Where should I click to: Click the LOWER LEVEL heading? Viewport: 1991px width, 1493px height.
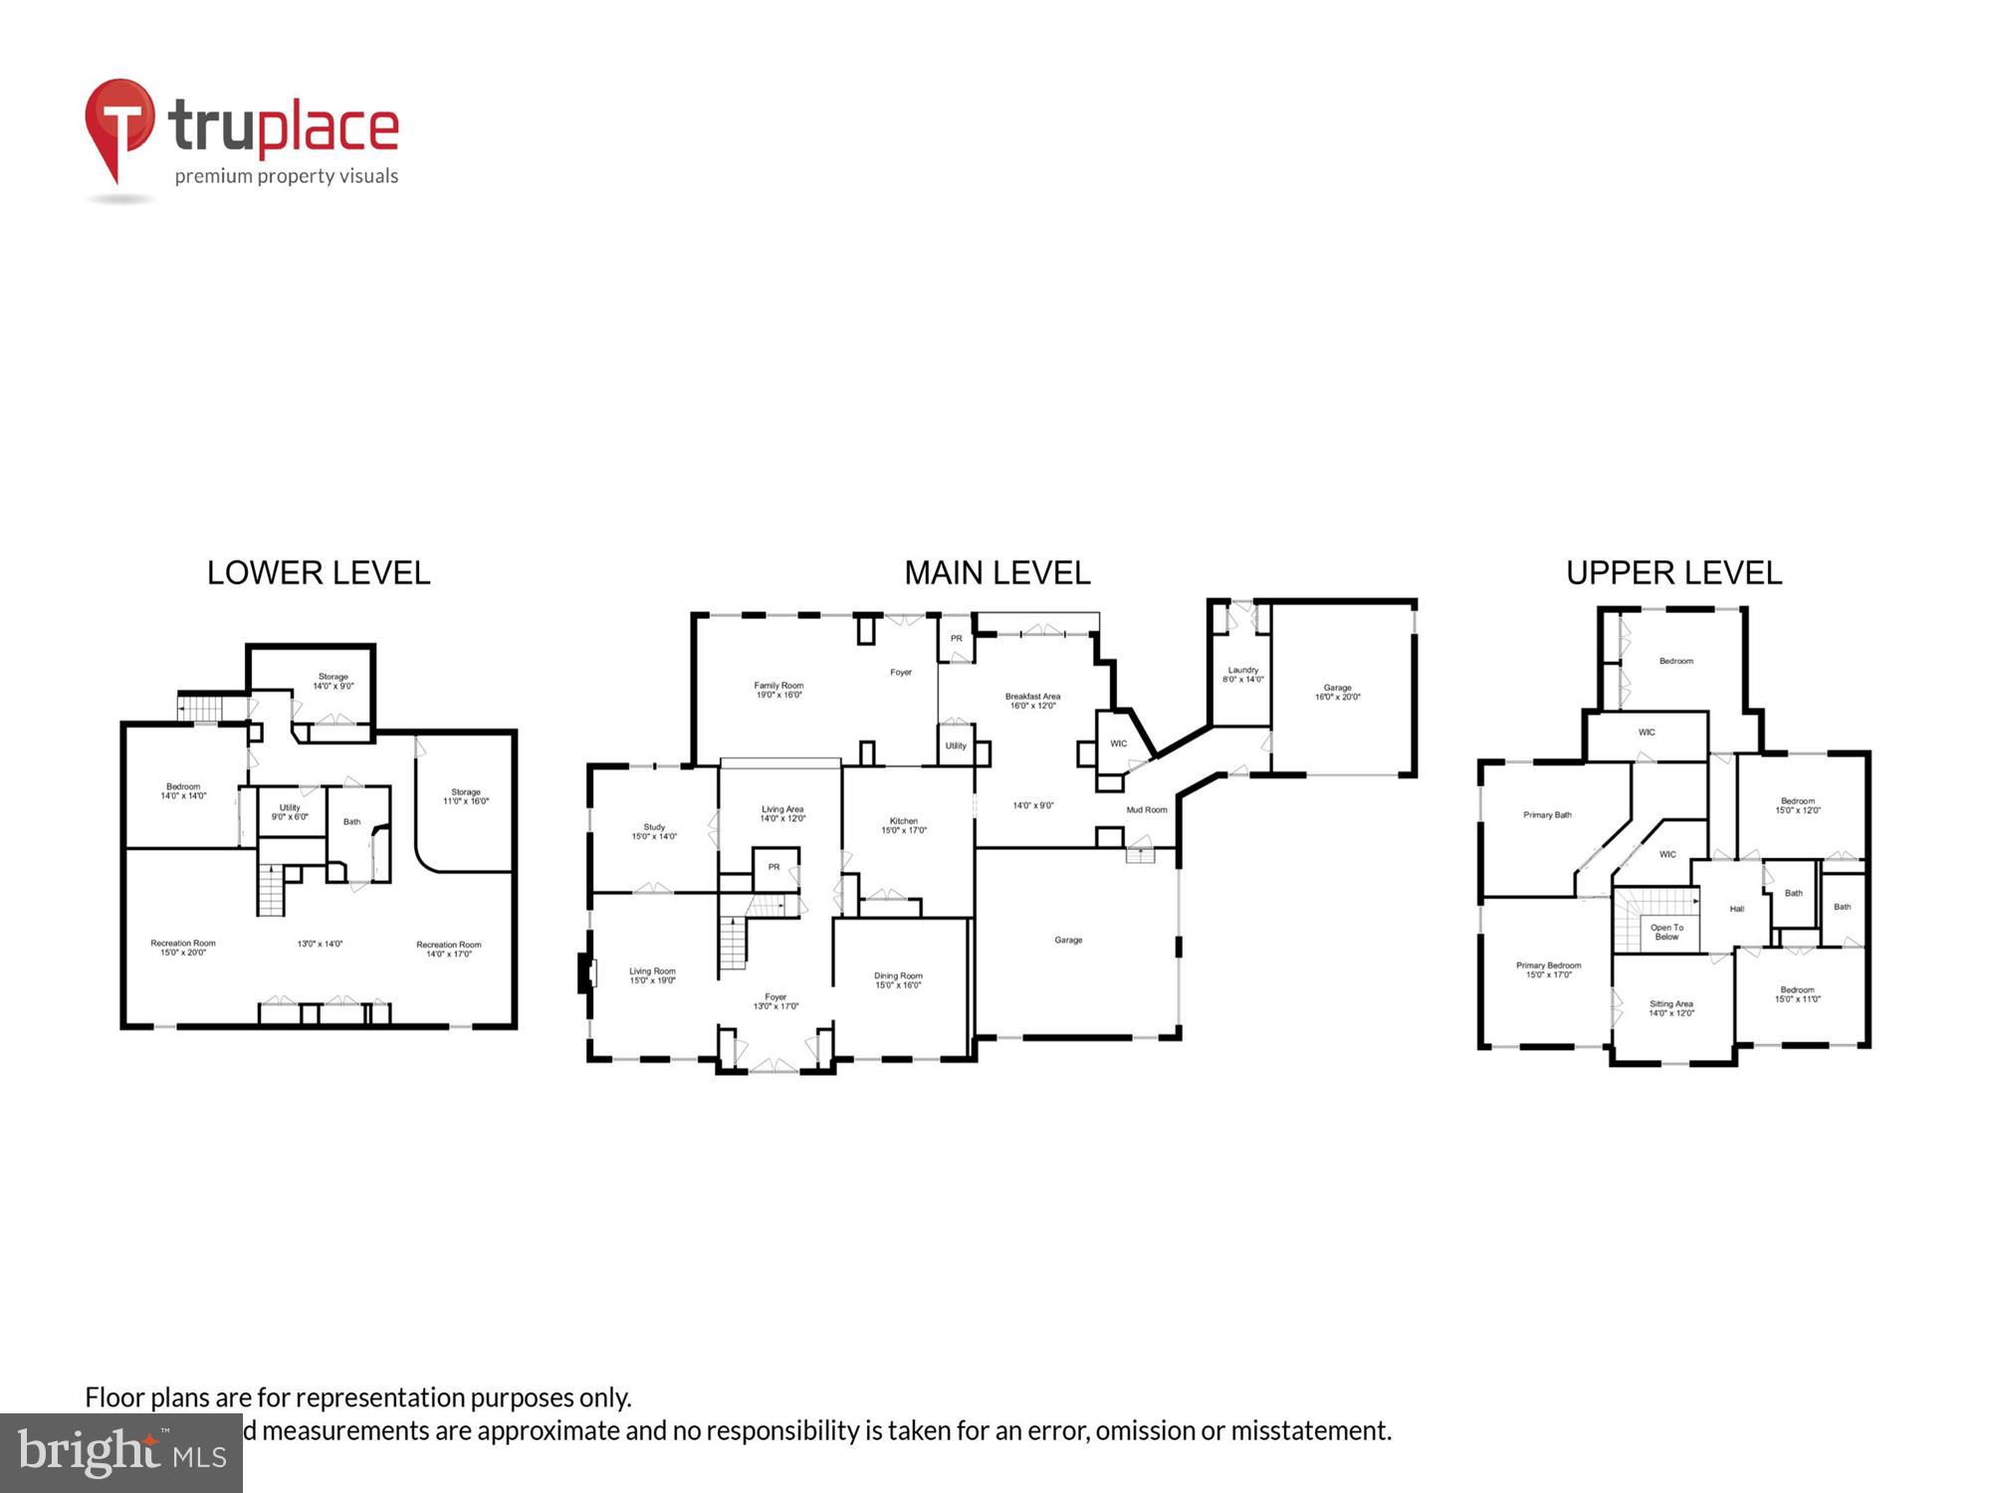click(319, 573)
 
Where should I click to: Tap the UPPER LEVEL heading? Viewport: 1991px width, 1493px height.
click(1673, 573)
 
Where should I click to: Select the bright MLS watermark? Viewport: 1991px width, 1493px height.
click(121, 1454)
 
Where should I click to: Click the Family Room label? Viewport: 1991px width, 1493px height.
click(778, 690)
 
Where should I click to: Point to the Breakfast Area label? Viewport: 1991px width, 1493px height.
click(1032, 700)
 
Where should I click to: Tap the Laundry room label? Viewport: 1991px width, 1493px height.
click(1242, 674)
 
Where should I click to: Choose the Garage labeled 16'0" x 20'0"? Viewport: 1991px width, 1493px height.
click(1337, 692)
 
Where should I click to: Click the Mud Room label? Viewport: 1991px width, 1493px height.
click(1147, 809)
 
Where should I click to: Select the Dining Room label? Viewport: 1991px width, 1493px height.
click(898, 980)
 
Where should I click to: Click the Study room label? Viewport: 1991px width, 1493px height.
click(654, 831)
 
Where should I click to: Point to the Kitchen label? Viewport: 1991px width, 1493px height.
click(904, 825)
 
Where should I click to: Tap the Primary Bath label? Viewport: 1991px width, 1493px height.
click(1547, 814)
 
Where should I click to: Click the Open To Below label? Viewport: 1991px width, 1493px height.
click(1666, 932)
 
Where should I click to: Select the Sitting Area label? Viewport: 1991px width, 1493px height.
click(1670, 1008)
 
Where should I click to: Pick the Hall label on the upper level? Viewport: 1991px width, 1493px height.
click(1736, 909)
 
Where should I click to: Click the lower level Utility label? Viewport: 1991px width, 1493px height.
click(290, 811)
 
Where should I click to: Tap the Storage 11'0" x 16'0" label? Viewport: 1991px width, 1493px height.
click(466, 796)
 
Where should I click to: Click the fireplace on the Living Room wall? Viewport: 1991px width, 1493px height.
click(585, 972)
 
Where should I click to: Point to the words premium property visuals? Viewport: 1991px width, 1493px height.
click(287, 176)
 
